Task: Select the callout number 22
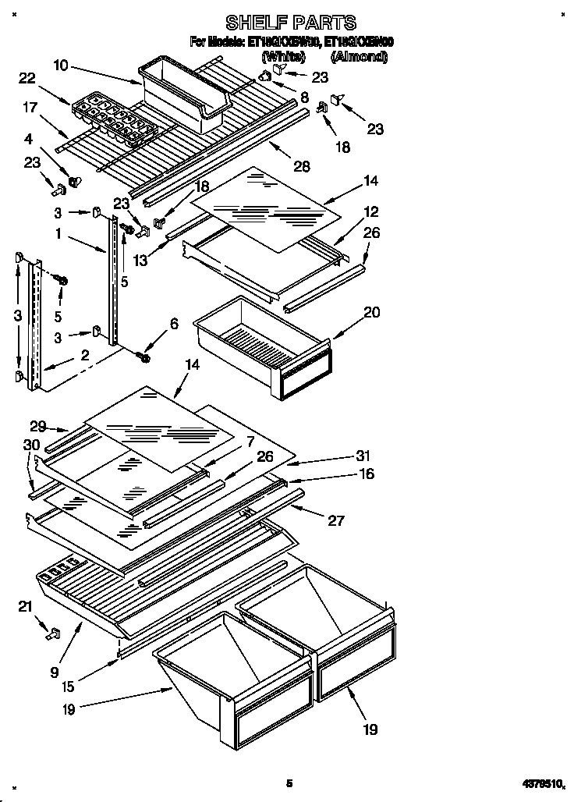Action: (x=27, y=77)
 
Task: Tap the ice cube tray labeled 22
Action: (x=109, y=117)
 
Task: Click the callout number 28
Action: (x=302, y=166)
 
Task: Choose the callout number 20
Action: (x=372, y=312)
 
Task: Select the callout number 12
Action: (x=370, y=211)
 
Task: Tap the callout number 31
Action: (x=363, y=456)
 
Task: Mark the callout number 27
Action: (x=336, y=520)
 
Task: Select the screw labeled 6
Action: (x=145, y=355)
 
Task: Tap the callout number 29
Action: (x=37, y=426)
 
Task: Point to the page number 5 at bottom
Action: (x=289, y=782)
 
